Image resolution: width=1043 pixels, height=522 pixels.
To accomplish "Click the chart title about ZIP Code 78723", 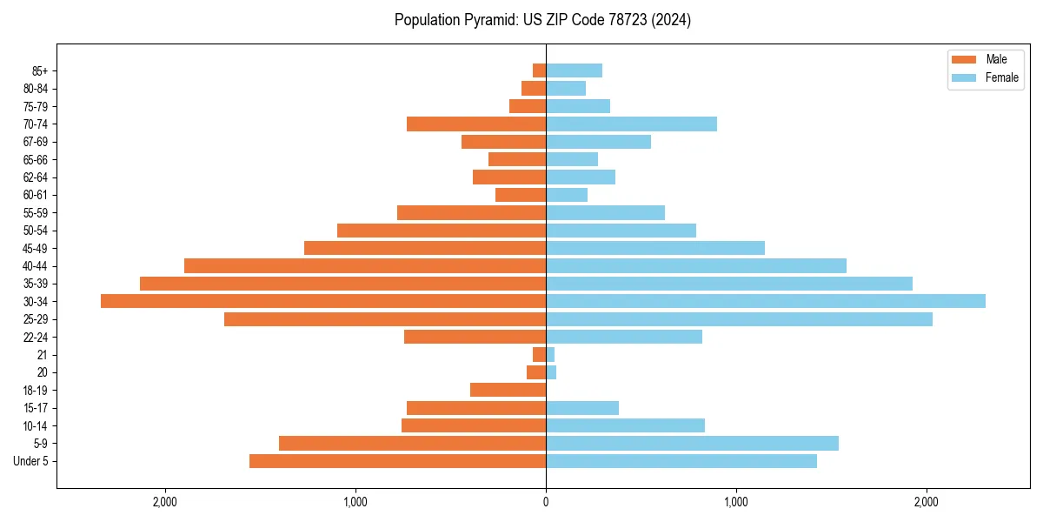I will point(542,20).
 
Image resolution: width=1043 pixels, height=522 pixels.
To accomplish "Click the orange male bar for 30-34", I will point(323,301).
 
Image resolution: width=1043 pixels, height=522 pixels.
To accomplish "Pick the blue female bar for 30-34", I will point(765,301).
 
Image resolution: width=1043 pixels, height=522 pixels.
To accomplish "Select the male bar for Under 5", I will point(397,461).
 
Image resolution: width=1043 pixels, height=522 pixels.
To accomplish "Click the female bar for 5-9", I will point(692,444).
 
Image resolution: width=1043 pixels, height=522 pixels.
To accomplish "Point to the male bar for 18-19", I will point(508,390).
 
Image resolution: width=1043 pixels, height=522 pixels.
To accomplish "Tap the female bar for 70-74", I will point(631,124).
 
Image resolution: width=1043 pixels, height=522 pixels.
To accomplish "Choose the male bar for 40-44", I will point(365,265).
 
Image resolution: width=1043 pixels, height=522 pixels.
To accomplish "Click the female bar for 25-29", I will point(739,319).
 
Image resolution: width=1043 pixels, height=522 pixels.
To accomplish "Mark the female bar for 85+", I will point(574,70).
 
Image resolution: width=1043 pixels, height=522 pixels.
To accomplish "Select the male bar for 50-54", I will point(442,231).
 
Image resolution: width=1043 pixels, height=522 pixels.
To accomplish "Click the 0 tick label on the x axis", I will point(546,502).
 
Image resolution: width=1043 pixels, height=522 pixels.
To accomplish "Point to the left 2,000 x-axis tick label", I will point(164,502).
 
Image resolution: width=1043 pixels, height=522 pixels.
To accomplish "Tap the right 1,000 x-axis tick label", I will point(736,502).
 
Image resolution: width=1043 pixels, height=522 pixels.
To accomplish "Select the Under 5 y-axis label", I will point(30,461).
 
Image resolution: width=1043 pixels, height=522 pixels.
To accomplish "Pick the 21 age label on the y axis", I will point(42,355).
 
